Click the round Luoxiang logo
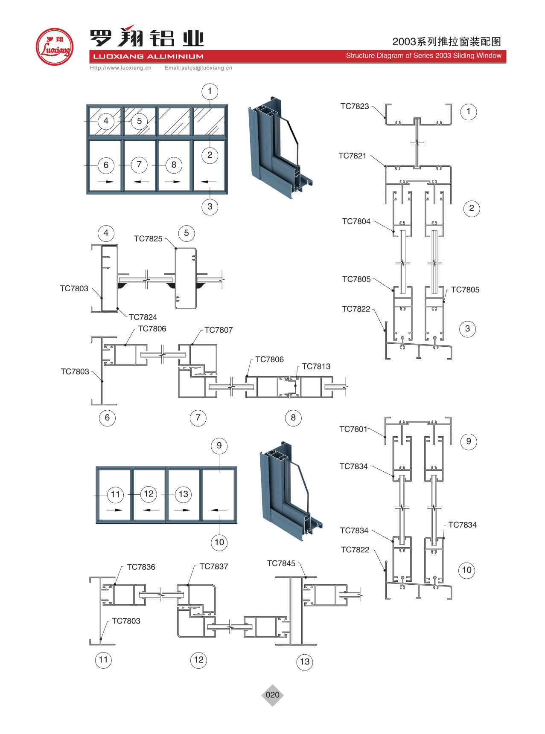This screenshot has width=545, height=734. [54, 47]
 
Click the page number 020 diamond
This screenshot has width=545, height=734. [272, 695]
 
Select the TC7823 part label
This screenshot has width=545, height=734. [354, 106]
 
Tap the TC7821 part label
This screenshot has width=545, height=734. [352, 156]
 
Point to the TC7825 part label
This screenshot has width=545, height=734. [148, 239]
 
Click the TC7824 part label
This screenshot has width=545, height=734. [143, 317]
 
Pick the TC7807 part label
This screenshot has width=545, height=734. [219, 330]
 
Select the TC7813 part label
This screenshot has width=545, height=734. [316, 366]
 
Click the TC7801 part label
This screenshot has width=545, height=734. [353, 429]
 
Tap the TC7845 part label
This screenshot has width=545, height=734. [281, 563]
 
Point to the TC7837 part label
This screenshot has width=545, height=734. [214, 566]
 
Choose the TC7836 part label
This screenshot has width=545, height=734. [141, 567]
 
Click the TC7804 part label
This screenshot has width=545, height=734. [356, 221]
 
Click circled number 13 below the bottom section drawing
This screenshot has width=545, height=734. [305, 661]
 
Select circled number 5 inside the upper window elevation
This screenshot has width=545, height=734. [139, 121]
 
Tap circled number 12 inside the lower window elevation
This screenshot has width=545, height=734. [149, 494]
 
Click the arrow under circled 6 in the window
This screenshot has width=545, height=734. [106, 182]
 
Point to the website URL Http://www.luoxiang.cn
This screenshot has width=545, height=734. [121, 68]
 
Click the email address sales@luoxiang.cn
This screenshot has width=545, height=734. [198, 68]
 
